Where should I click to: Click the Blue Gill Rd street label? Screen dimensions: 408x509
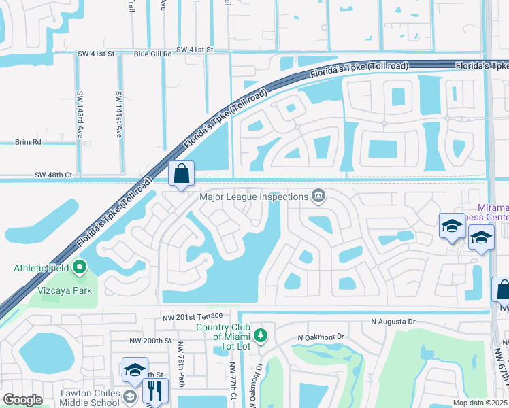153,50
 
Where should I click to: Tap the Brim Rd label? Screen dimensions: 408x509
28,142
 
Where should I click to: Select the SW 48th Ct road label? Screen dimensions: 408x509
53,175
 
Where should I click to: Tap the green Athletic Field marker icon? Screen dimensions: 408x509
80,267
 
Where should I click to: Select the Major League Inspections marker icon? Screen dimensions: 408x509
318,197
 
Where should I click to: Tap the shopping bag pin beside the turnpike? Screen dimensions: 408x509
182,175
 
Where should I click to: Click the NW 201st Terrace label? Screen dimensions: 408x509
193,317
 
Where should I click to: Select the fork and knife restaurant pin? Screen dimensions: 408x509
156,390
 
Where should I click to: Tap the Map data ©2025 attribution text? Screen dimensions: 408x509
478,403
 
